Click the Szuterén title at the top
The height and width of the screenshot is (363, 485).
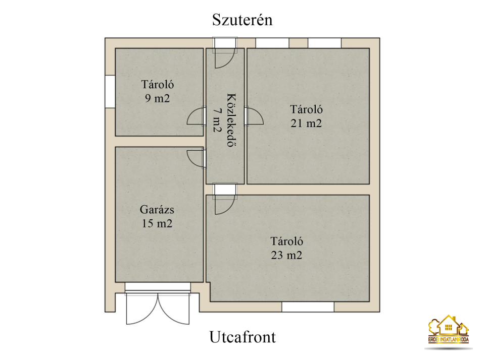pyautogui.click(x=242, y=20)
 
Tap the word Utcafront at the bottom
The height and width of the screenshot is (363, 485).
pyautogui.click(x=243, y=337)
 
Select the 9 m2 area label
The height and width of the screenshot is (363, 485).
pyautogui.click(x=158, y=98)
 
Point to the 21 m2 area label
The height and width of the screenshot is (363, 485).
pyautogui.click(x=306, y=124)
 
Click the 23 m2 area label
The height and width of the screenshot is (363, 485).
pyautogui.click(x=286, y=255)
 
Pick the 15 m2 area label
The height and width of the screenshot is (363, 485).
pyautogui.click(x=157, y=223)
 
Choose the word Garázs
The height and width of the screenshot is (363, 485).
pyautogui.click(x=157, y=210)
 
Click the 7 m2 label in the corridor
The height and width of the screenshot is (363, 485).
pyautogui.click(x=217, y=119)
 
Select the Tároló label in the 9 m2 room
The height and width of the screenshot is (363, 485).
pyautogui.click(x=158, y=84)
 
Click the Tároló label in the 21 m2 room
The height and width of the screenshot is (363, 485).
pyautogui.click(x=306, y=109)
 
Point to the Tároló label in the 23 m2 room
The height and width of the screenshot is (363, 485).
pyautogui.click(x=287, y=241)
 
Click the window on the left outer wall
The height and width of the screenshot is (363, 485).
pyautogui.click(x=110, y=91)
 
